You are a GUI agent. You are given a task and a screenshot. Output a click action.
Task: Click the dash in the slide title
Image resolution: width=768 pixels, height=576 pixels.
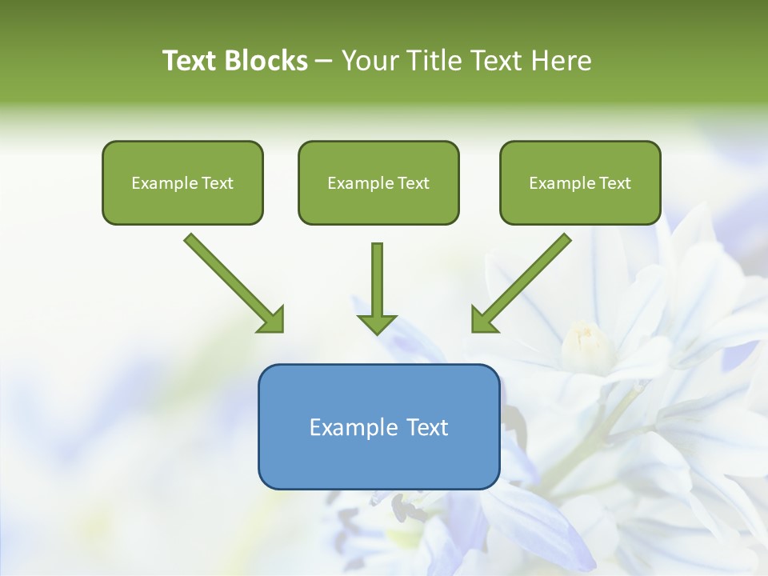pyautogui.click(x=324, y=62)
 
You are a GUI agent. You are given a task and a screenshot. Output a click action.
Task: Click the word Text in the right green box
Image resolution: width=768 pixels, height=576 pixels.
pyautogui.click(x=615, y=183)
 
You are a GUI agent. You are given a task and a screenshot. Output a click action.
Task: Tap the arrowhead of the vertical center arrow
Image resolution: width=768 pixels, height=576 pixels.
pyautogui.click(x=377, y=324)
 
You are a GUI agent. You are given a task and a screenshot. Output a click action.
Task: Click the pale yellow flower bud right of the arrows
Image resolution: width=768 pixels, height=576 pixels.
pyautogui.click(x=586, y=342)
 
